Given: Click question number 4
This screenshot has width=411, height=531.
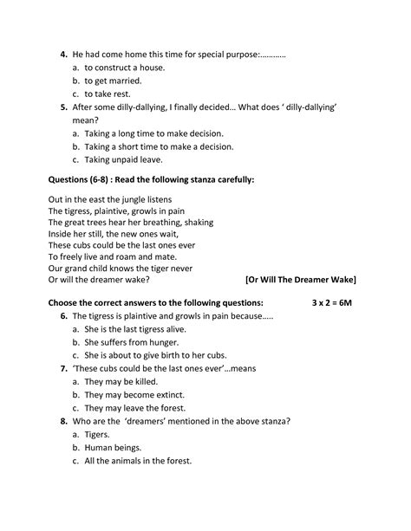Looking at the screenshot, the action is click(x=63, y=55).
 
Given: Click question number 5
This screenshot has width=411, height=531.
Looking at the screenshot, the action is click(x=63, y=107).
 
